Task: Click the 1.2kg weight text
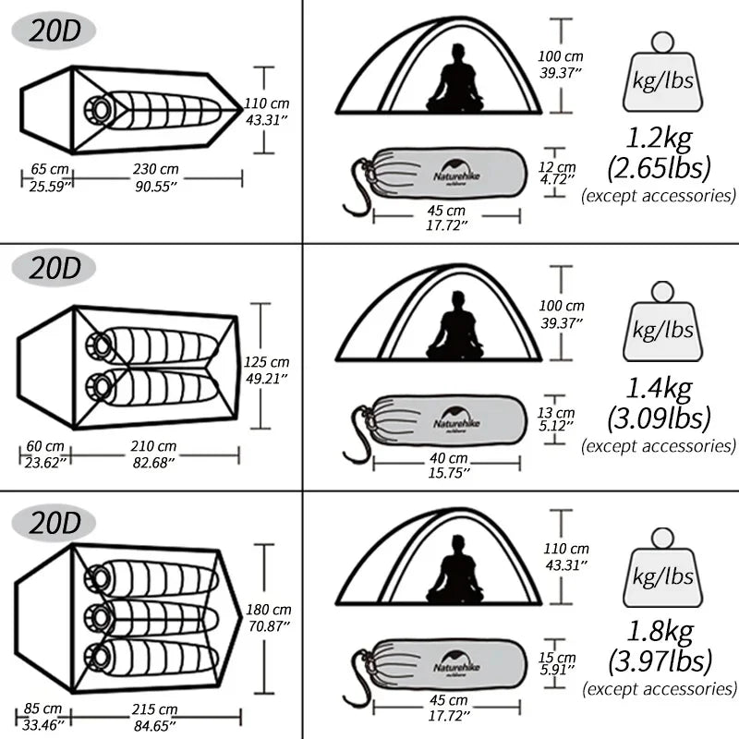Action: pos(659,139)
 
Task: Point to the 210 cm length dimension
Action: pos(154,446)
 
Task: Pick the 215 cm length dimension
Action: pos(154,709)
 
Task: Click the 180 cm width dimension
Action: pos(269,610)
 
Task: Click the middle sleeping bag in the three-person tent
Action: pos(152,616)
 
